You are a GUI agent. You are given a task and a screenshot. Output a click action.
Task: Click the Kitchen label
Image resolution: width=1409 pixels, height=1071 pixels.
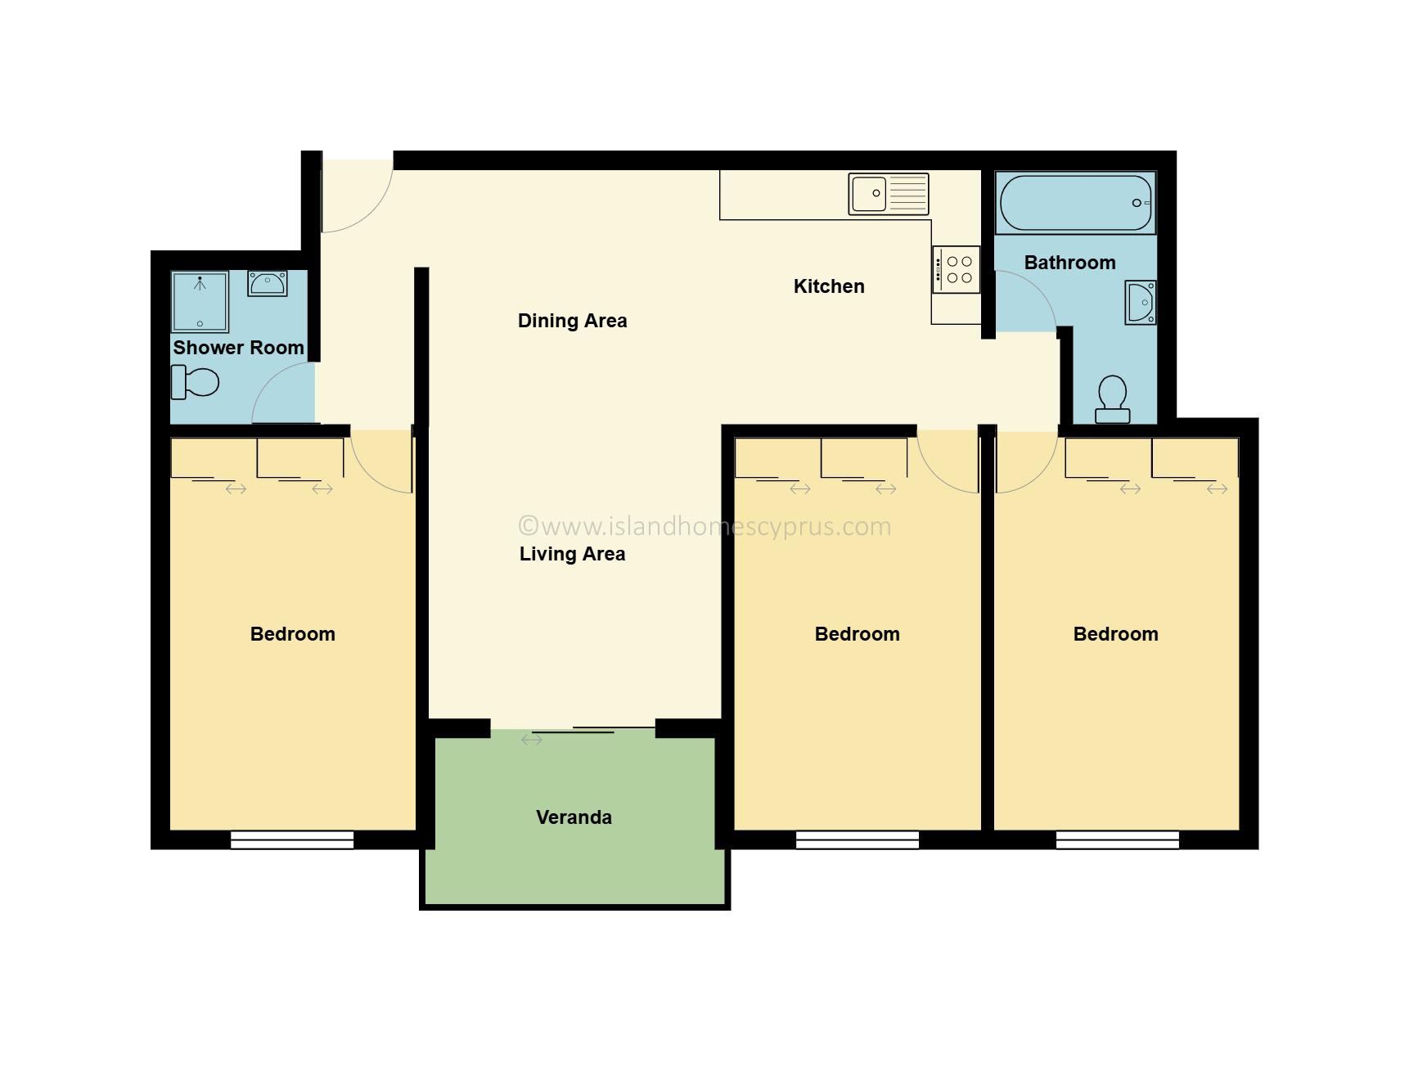tap(829, 286)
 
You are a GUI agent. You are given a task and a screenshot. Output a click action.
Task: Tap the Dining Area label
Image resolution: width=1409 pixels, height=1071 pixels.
tap(572, 321)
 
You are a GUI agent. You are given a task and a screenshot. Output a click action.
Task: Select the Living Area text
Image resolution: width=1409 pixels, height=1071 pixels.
tap(572, 554)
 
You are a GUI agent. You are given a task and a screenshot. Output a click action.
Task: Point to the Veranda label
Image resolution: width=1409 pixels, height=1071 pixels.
tap(574, 817)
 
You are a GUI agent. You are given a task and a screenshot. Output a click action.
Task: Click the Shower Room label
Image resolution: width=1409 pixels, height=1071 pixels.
tap(238, 348)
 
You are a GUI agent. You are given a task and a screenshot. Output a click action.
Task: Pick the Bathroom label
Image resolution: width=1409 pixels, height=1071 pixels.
tap(1069, 263)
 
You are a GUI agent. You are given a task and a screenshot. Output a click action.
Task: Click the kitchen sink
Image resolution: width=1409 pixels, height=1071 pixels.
tap(889, 194)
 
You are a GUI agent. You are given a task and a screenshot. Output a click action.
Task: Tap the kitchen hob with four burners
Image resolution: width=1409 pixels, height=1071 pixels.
tap(956, 269)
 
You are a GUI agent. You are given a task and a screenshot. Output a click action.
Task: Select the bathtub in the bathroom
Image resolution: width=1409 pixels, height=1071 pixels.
tap(1075, 203)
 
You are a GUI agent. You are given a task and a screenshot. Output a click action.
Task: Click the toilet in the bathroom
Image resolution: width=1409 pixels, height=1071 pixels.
tap(1113, 399)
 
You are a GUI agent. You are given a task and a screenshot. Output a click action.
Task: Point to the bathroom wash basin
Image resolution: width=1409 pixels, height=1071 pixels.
tap(1141, 303)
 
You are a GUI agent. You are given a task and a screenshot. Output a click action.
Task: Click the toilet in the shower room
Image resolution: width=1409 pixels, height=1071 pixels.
tap(195, 382)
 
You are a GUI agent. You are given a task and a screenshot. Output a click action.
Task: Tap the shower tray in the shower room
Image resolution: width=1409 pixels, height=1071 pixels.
tap(200, 302)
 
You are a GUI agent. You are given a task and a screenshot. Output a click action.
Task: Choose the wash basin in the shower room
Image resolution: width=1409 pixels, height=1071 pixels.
tap(267, 284)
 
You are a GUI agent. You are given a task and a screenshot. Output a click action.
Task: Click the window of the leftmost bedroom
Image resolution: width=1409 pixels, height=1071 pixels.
tap(292, 839)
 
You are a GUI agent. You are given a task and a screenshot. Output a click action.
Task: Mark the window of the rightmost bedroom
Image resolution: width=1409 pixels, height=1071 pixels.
tap(1117, 839)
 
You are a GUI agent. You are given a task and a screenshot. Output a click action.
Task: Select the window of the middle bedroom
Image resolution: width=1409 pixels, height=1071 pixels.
tap(858, 839)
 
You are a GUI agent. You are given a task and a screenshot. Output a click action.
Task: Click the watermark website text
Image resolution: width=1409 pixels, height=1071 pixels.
tap(705, 526)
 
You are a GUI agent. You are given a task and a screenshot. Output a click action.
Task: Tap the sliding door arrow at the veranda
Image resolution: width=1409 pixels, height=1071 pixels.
tap(532, 740)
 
